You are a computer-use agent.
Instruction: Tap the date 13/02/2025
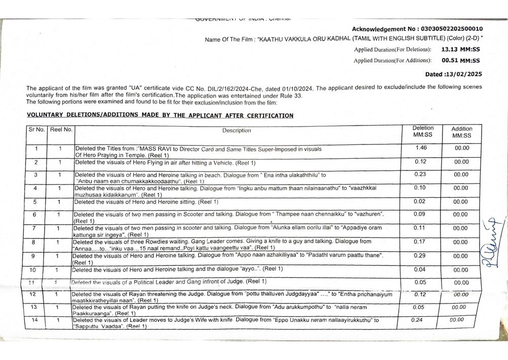(463, 74)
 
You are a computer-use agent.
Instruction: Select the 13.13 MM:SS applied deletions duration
(460, 49)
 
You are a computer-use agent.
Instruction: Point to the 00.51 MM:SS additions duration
(460, 60)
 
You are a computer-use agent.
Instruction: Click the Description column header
(236, 131)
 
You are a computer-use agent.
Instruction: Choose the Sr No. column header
(37, 130)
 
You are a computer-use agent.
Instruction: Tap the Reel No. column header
(61, 130)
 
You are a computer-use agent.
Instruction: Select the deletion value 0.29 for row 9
(420, 255)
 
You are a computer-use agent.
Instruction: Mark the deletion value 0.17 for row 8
(420, 242)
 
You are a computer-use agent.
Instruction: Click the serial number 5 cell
(36, 202)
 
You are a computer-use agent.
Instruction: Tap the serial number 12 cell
(33, 294)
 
